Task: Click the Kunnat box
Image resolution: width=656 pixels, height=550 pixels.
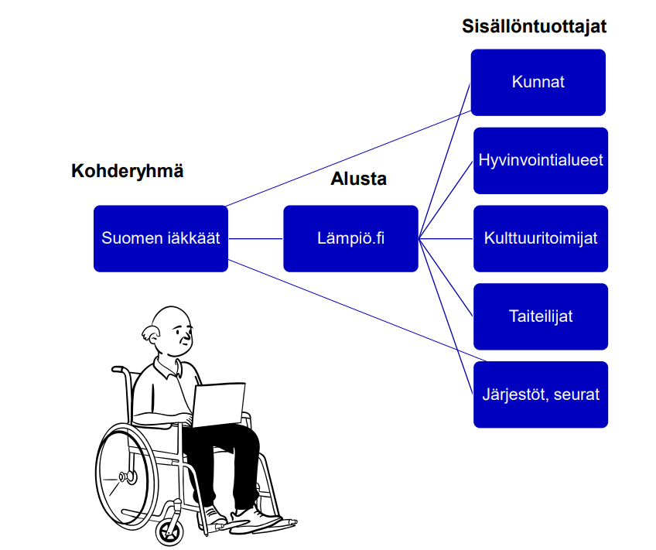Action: (538, 83)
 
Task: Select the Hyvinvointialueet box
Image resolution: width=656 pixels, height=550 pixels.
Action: (541, 161)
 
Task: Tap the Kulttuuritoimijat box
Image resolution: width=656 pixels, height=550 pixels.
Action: (541, 239)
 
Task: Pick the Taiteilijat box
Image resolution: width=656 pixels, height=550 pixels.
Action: (541, 316)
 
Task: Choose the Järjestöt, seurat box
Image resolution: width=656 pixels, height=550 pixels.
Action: (541, 395)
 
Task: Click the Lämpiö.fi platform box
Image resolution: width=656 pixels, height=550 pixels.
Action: (350, 239)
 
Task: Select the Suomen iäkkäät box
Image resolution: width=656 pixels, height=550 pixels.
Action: (161, 239)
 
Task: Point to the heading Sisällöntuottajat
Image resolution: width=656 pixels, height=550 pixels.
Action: (535, 26)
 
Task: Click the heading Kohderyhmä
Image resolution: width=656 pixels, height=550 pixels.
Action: (127, 172)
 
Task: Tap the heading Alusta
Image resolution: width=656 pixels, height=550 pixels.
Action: (358, 179)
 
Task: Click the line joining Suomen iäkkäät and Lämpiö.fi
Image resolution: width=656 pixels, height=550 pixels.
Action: (255, 239)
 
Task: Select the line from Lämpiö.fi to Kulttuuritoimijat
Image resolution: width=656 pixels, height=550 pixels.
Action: (446, 239)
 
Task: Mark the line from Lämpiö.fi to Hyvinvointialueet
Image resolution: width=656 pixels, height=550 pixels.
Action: (446, 200)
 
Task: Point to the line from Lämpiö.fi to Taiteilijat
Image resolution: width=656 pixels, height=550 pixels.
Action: (446, 278)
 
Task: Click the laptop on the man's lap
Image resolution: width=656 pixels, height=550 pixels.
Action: (218, 405)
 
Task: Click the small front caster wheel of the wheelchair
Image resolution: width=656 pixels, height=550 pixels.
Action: (169, 532)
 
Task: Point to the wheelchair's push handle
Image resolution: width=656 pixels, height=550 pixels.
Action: (120, 369)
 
